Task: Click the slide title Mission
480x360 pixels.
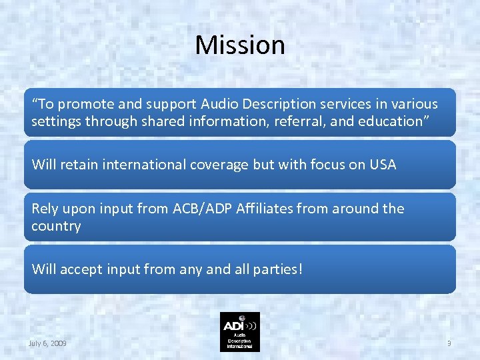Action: (x=240, y=45)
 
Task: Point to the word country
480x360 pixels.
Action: (x=56, y=226)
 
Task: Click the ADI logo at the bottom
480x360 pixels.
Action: (x=240, y=331)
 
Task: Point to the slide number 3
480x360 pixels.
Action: (x=449, y=343)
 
